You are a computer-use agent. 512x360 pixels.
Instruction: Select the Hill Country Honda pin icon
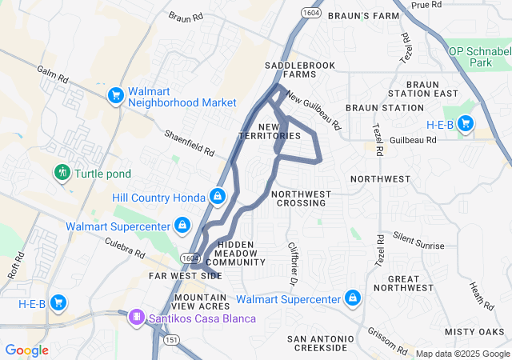(217, 196)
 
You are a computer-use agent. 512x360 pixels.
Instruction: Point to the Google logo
(26, 350)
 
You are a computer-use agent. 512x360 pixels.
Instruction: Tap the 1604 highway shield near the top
(310, 13)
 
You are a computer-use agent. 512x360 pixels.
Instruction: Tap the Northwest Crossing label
(302, 198)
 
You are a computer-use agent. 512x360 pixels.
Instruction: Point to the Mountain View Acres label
(202, 302)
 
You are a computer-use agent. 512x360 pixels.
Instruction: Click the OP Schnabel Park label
(481, 56)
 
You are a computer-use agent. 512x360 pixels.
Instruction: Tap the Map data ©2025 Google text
(462, 354)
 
